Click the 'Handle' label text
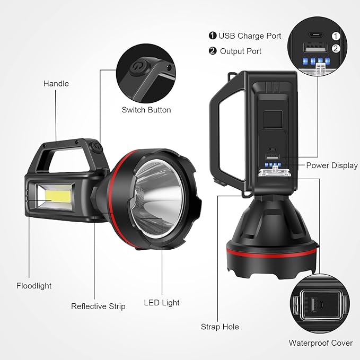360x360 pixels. (56, 83)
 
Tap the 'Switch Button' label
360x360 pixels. (146, 110)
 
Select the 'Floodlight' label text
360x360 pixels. (34, 286)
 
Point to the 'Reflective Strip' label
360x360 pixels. (98, 306)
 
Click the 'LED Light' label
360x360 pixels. (162, 303)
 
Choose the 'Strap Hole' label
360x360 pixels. (219, 327)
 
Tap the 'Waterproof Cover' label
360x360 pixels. (320, 343)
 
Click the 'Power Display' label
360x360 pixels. (332, 165)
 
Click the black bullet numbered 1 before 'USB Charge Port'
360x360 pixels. (213, 36)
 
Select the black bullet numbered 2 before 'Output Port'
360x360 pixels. (213, 51)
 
